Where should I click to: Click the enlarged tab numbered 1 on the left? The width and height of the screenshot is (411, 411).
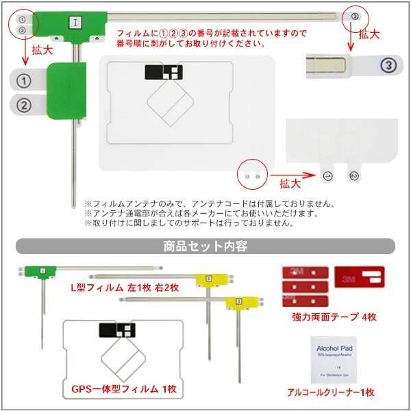point(24,81)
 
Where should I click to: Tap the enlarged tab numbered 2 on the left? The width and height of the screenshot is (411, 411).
point(24,105)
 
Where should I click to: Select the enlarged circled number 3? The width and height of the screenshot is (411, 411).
point(388,66)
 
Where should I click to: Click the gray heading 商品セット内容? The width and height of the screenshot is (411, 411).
point(205,245)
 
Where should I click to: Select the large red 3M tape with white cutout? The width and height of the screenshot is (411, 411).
point(358,277)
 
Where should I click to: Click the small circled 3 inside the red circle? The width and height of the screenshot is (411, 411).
point(354,16)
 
